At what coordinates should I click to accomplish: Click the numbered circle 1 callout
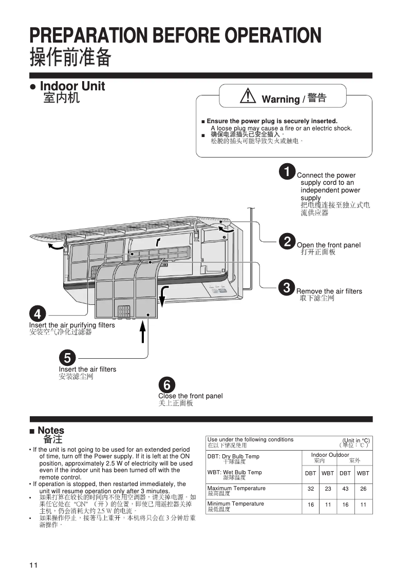point(287,171)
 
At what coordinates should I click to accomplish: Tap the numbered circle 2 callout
point(287,241)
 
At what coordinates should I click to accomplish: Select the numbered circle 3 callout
point(287,287)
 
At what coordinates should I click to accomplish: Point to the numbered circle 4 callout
point(38,313)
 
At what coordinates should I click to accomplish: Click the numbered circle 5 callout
point(67,357)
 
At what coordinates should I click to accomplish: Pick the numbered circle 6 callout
point(167,384)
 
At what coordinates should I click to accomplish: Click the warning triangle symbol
point(248,96)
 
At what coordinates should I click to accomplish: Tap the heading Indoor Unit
point(72,86)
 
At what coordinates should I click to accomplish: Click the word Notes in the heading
point(51,430)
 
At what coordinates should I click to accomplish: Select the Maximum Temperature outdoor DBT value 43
point(345,489)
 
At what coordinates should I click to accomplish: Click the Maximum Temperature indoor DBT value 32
point(311,489)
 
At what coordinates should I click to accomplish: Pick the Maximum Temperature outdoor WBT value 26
point(363,489)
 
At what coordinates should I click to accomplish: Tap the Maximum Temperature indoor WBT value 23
point(328,489)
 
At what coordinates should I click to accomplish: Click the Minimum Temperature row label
point(236,504)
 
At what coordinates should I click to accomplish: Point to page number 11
point(33,565)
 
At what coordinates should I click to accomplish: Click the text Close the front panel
point(191,396)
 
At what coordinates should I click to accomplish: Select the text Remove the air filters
point(329,292)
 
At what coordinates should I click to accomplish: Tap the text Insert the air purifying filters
point(72,325)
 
